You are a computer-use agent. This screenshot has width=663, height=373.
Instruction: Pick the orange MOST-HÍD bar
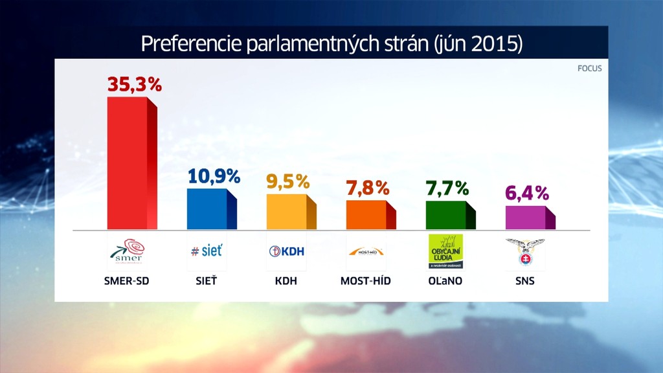[x=366, y=214]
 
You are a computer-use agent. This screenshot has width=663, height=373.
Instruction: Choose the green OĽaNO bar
[x=446, y=214]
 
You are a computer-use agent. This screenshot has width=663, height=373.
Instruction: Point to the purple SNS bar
[x=526, y=217]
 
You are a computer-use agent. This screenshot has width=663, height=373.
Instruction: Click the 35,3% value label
[x=135, y=84]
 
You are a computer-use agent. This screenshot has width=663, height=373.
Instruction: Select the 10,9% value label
[x=214, y=176]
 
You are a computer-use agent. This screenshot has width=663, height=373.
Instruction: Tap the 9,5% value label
[x=288, y=181]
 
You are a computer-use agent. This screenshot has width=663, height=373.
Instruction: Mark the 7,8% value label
[x=368, y=188]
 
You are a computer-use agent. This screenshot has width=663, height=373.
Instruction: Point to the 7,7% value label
[x=447, y=188]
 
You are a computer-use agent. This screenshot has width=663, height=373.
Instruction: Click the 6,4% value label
[x=527, y=193]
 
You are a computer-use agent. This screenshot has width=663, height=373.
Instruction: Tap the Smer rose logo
[x=126, y=251]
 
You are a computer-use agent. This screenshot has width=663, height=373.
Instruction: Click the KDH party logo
[x=286, y=251]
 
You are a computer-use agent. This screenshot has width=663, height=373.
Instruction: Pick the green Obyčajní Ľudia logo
[x=446, y=251]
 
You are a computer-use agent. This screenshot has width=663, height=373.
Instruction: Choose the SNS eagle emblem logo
[x=525, y=251]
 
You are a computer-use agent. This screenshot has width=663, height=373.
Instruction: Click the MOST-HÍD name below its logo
[x=366, y=282]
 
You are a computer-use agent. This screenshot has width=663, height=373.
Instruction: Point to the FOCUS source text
[x=589, y=68]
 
